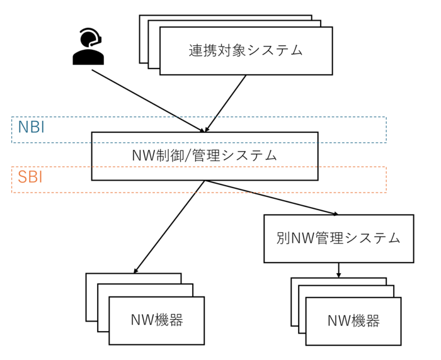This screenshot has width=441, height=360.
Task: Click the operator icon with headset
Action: [88, 47]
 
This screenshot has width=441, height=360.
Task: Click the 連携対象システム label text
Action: [246, 50]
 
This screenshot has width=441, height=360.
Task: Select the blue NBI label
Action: [31, 127]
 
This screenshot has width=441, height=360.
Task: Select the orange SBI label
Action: [30, 177]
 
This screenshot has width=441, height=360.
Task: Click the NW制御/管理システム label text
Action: [205, 155]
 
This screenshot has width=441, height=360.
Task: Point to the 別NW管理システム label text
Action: [338, 238]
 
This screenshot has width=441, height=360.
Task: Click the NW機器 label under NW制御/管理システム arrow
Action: [157, 320]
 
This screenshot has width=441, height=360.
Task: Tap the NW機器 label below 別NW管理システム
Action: [353, 320]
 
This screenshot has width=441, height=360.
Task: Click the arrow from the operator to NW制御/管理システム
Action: [148, 101]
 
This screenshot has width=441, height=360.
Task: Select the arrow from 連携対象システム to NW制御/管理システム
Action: [226, 103]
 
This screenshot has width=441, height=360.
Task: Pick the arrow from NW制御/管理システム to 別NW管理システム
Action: [271, 198]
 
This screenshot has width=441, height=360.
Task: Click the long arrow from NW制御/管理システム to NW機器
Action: [169, 227]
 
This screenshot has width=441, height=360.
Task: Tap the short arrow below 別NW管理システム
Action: [339, 270]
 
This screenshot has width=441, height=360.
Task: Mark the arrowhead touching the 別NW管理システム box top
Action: [335, 214]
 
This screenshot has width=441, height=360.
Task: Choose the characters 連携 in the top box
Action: [203, 50]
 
